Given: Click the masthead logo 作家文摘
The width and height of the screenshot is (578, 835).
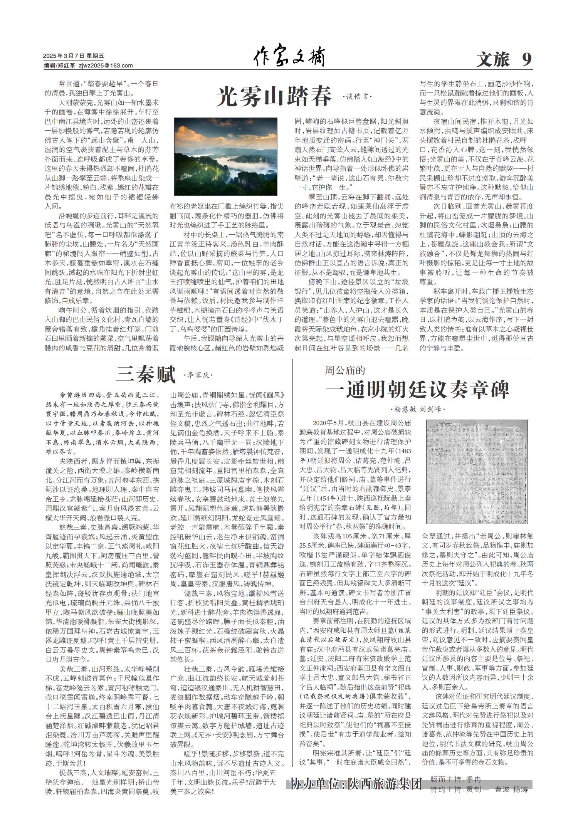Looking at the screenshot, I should click(289, 58).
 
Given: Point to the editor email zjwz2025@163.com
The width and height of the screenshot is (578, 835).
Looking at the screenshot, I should click(106, 66).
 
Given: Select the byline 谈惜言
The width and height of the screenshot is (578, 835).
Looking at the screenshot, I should click(358, 97).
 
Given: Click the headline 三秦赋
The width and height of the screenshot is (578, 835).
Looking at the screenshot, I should click(146, 374).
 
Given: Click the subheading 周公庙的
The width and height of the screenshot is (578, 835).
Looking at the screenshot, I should click(345, 370).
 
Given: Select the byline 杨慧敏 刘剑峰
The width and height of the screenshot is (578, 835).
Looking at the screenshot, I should click(418, 409).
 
